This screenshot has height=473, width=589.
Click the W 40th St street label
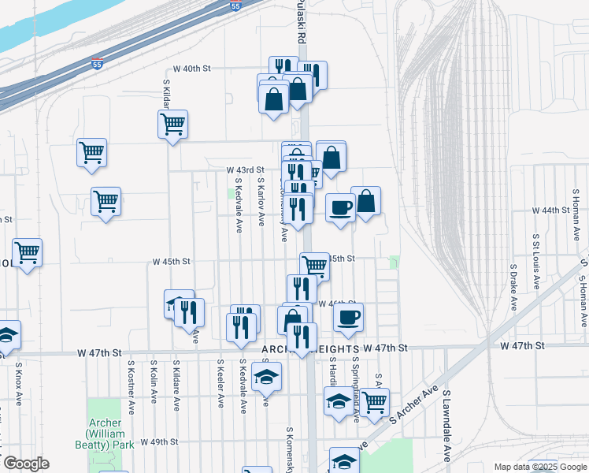point(193,69)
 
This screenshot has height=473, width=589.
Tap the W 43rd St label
point(245,169)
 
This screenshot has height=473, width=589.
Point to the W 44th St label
point(550,210)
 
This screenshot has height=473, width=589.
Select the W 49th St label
point(160,441)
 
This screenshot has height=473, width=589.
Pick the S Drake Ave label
point(512,287)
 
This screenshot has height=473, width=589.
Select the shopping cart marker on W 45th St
point(314,265)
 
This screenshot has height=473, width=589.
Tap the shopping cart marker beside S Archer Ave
point(375,402)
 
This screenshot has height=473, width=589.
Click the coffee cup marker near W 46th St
point(347,317)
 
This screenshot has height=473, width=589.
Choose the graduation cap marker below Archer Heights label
point(267,377)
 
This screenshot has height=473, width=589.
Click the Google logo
point(26,464)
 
